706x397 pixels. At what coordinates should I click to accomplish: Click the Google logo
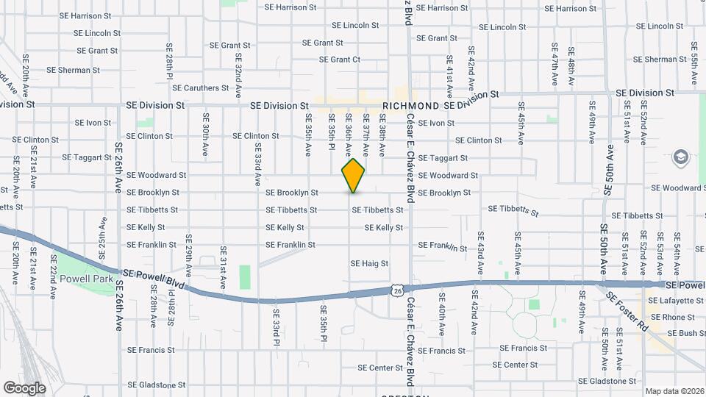(x=24, y=387)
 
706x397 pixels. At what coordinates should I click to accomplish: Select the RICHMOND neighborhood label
(x=411, y=106)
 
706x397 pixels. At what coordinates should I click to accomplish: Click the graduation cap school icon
(x=681, y=157)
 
